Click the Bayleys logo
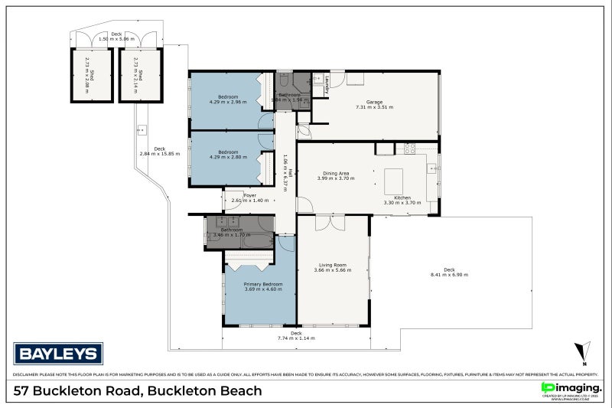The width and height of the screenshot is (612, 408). click(x=58, y=354)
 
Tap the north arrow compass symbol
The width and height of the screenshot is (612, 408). click(x=583, y=353)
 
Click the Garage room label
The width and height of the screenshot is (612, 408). click(x=374, y=102)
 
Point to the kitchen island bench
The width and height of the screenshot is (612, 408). click(x=393, y=181)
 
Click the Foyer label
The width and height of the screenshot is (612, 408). click(x=249, y=195)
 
